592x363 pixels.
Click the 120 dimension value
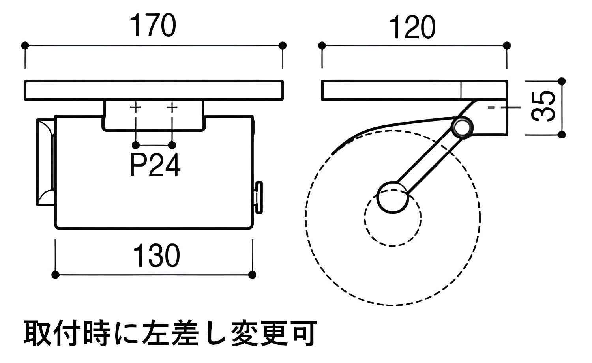point(412,28)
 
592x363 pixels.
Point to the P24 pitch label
point(155,166)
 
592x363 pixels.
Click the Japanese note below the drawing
point(170,334)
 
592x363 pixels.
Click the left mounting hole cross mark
point(135,107)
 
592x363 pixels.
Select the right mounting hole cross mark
point(172,107)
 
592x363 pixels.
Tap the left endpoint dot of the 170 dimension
point(25,45)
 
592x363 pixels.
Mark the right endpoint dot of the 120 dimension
point(507,45)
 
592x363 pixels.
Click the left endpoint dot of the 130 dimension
point(56,275)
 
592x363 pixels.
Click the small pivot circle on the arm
point(462,127)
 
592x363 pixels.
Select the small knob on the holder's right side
point(259,197)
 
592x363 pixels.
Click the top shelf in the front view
point(154,90)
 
